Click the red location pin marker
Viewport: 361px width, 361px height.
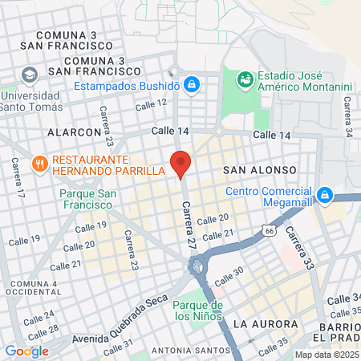[180, 163]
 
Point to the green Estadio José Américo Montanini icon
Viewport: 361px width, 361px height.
[245, 79]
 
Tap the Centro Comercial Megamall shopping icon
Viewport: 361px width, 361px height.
[325, 195]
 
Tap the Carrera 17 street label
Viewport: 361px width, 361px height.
[17, 176]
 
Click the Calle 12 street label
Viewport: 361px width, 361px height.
[151, 103]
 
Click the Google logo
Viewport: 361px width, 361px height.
[26, 351]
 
